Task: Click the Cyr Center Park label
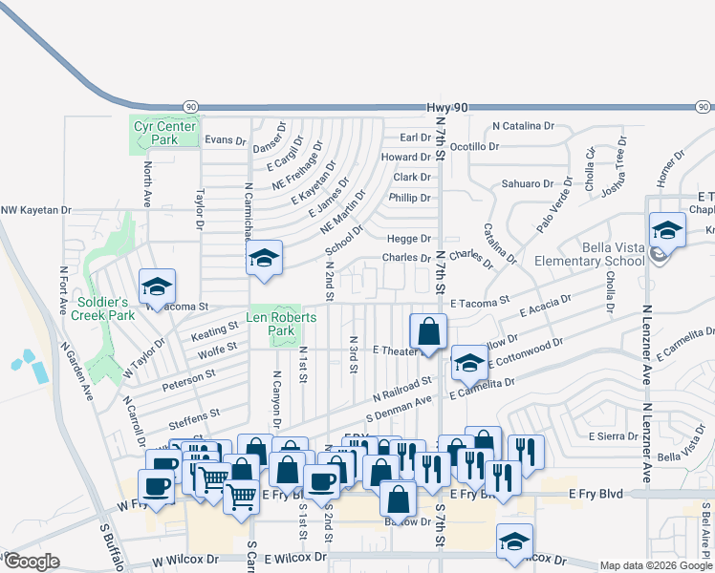(165, 133)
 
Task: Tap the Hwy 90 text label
(448, 109)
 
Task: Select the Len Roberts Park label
(280, 325)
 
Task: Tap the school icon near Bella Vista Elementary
(667, 230)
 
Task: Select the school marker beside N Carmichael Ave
(264, 258)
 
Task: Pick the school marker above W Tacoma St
(157, 287)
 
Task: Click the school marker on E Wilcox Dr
(515, 541)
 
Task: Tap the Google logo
(31, 562)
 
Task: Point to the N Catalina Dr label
(524, 125)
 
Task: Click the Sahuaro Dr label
(528, 183)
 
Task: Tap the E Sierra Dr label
(613, 435)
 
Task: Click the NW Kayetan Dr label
(36, 210)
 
